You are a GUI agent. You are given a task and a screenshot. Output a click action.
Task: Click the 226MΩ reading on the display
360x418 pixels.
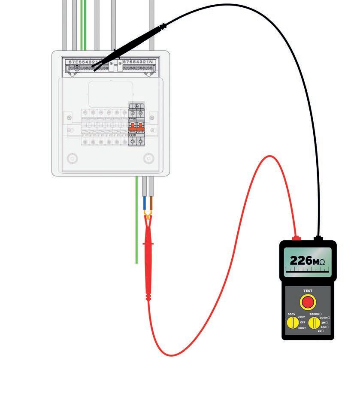(307, 260)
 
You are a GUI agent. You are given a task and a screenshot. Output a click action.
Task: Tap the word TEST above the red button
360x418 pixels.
(308, 291)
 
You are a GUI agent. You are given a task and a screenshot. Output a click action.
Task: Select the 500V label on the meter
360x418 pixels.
(292, 315)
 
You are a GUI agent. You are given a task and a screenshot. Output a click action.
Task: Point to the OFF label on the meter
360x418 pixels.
(303, 322)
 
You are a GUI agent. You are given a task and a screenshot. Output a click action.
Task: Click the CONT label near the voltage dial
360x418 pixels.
(302, 328)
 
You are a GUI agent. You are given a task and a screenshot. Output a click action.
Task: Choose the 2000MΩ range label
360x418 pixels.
(315, 314)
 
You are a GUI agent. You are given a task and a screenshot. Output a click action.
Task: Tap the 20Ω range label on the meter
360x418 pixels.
(321, 331)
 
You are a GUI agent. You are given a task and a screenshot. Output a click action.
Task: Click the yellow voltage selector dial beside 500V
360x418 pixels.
(293, 322)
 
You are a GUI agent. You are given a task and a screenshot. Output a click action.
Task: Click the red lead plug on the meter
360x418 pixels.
(296, 238)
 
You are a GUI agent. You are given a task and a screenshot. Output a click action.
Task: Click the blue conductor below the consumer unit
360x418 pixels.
(145, 202)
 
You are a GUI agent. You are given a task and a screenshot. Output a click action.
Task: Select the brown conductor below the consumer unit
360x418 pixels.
(151, 202)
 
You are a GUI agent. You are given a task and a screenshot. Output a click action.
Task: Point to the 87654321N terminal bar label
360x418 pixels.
(138, 62)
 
